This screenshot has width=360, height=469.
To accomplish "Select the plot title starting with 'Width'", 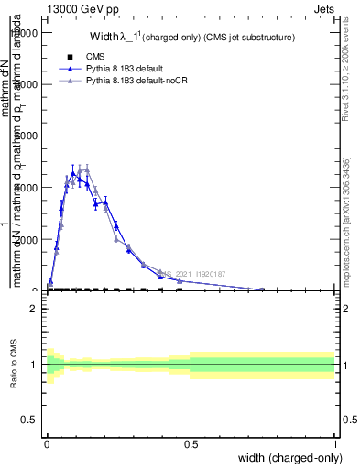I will (x=191, y=38).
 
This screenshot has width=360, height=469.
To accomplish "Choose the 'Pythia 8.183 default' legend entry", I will (x=128, y=69).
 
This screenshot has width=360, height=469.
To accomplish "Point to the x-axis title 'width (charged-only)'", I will (x=286, y=457).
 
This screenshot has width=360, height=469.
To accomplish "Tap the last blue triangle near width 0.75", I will (x=263, y=289).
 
